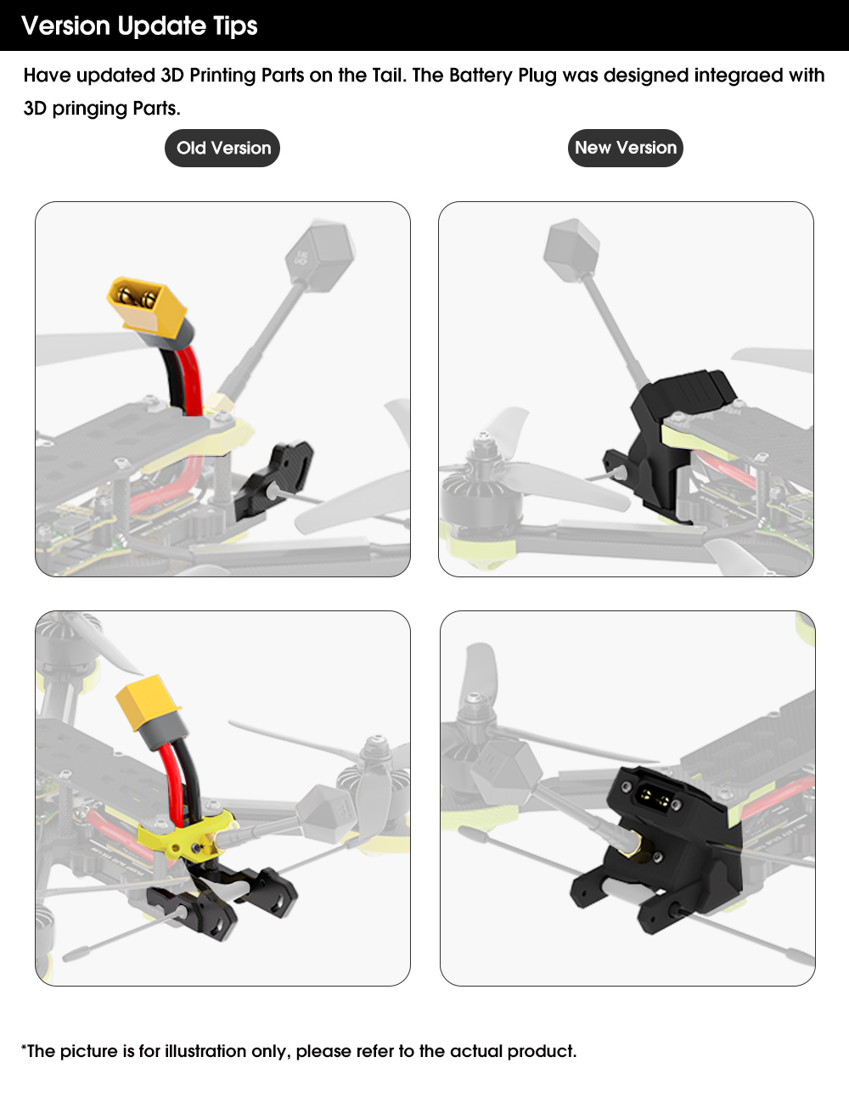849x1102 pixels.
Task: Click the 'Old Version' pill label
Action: (222, 148)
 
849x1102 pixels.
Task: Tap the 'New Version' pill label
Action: (626, 148)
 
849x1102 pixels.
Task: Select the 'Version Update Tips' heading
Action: (139, 25)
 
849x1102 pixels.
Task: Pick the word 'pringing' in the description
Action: (89, 109)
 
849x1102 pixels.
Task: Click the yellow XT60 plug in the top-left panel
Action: (147, 308)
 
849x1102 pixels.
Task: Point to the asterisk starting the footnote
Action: (24, 1047)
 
